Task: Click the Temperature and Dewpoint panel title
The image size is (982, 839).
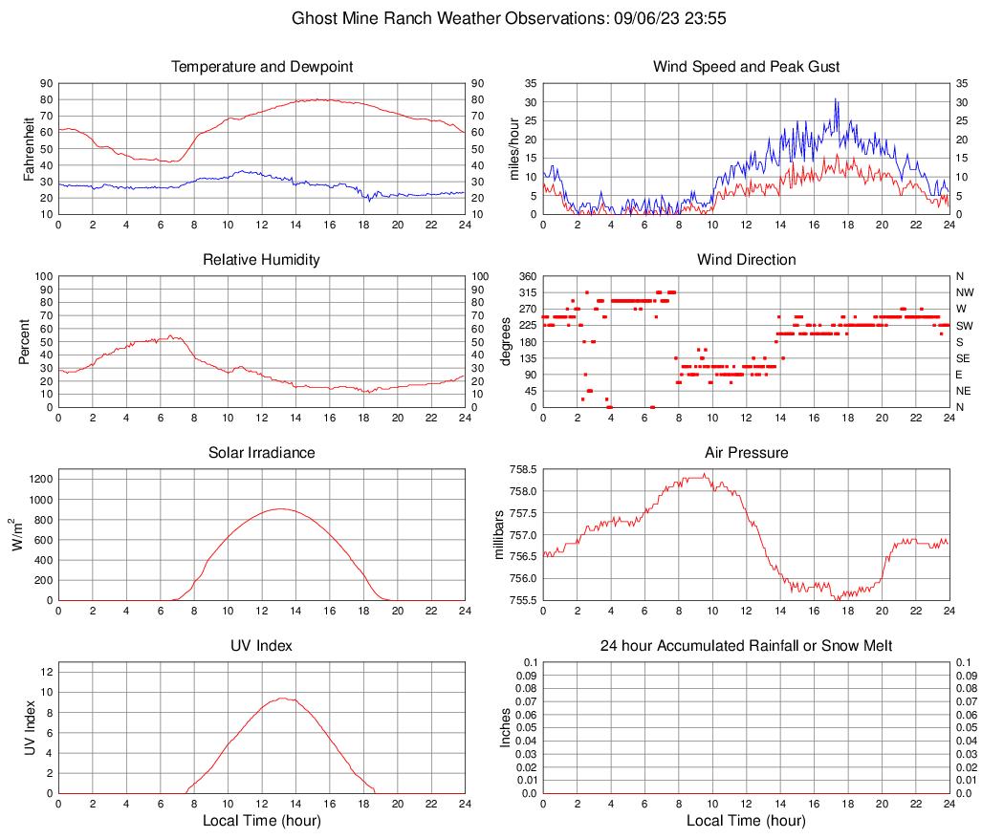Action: pyautogui.click(x=262, y=67)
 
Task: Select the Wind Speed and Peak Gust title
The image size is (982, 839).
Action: pyautogui.click(x=746, y=67)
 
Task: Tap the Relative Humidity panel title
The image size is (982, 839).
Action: pyautogui.click(x=262, y=260)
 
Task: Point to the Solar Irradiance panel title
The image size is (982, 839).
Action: pyautogui.click(x=262, y=453)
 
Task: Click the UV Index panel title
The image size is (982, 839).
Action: pyautogui.click(x=262, y=646)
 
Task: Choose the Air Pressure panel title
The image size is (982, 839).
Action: pyautogui.click(x=746, y=453)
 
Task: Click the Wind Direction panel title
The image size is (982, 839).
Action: pyautogui.click(x=746, y=260)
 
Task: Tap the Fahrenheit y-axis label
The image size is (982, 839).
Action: pyautogui.click(x=28, y=148)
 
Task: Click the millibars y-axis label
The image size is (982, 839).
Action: pyautogui.click(x=498, y=535)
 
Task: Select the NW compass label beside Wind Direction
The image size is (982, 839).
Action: pyautogui.click(x=964, y=292)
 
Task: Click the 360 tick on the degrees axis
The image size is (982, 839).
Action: pyautogui.click(x=526, y=276)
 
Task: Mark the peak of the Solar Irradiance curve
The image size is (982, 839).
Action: pyautogui.click(x=279, y=508)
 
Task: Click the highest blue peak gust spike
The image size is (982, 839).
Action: pyautogui.click(x=835, y=98)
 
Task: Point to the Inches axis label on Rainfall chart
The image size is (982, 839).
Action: pyautogui.click(x=506, y=728)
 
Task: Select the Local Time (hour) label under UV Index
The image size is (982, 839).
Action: pyautogui.click(x=262, y=821)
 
